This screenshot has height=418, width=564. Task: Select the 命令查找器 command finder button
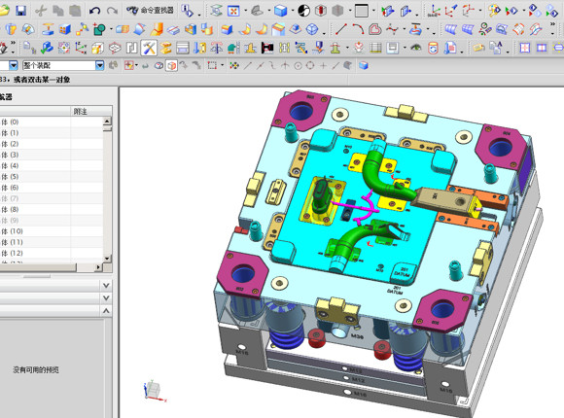click(151, 10)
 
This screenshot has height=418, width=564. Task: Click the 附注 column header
click(82, 111)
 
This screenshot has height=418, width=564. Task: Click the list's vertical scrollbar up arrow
click(107, 121)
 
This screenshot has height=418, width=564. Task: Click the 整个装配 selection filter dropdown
click(53, 65)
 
